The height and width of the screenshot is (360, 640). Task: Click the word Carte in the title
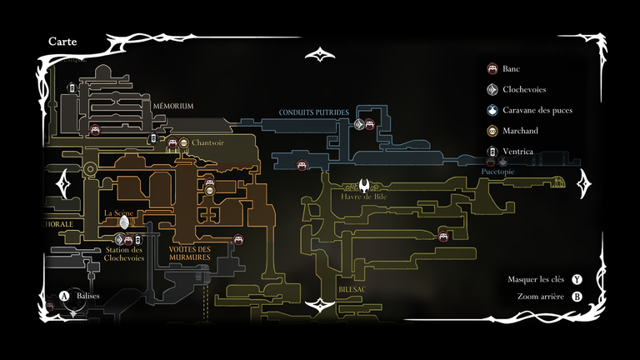pyautogui.click(x=64, y=41)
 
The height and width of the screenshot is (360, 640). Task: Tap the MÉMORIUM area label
pyautogui.click(x=173, y=107)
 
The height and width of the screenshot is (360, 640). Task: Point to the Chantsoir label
pyautogui.click(x=208, y=142)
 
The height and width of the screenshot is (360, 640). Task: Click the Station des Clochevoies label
pyautogui.click(x=125, y=253)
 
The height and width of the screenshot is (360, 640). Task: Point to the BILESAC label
pyautogui.click(x=352, y=288)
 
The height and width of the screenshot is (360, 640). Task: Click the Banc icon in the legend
pyautogui.click(x=492, y=68)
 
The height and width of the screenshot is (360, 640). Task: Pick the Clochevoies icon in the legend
pyautogui.click(x=492, y=89)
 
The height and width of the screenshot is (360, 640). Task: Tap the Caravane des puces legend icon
pyautogui.click(x=492, y=110)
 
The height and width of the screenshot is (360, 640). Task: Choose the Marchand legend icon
pyautogui.click(x=492, y=131)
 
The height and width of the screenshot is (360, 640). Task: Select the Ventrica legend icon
pyautogui.click(x=492, y=152)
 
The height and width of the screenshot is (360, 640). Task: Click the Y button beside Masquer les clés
pyautogui.click(x=577, y=280)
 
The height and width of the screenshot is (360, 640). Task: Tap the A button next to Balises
pyautogui.click(x=64, y=296)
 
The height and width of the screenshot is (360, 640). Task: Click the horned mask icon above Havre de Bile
pyautogui.click(x=366, y=185)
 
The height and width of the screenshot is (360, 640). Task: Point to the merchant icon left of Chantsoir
pyautogui.click(x=184, y=142)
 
